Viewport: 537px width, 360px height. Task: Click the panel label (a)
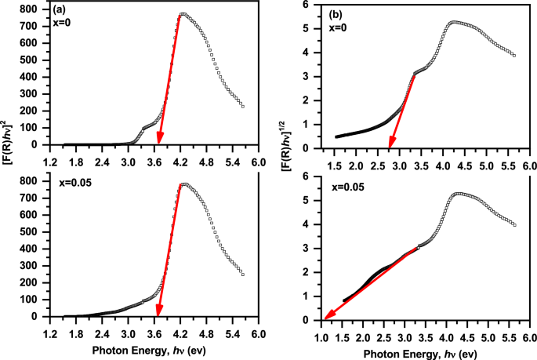pyautogui.click(x=60, y=10)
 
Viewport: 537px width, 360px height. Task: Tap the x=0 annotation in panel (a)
pyautogui.click(x=62, y=24)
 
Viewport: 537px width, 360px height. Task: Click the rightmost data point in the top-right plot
pyautogui.click(x=513, y=56)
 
